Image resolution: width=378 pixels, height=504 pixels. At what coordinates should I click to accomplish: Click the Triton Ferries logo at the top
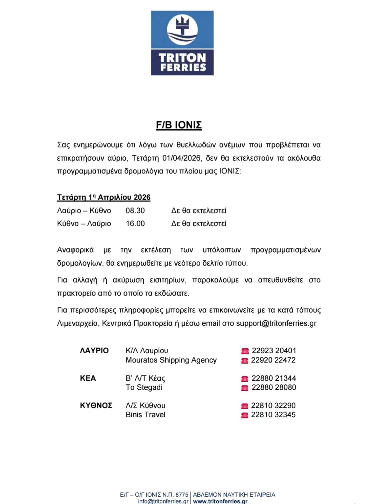182,43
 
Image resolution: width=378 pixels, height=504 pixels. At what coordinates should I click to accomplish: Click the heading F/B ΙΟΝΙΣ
179,125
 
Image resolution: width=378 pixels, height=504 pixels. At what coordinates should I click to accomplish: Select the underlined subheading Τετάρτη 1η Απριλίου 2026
104,197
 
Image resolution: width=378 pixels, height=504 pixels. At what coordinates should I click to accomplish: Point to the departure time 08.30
135,211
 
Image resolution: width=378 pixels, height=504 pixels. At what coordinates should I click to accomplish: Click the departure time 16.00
135,224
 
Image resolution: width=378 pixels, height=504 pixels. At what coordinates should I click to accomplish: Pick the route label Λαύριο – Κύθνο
84,211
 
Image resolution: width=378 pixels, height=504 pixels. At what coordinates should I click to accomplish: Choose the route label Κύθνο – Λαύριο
84,224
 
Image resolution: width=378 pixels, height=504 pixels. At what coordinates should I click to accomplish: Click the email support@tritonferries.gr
276,323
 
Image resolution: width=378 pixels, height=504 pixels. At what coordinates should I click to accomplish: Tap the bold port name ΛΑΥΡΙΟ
94,351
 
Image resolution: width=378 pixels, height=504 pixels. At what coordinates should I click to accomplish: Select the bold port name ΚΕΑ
88,378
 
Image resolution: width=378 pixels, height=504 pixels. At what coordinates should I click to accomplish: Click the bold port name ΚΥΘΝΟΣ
96,406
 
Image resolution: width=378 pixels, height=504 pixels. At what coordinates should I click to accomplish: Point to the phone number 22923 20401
274,351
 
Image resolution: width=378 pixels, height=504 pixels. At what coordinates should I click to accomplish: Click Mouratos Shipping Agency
171,360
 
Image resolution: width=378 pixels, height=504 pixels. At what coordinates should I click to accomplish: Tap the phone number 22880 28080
274,387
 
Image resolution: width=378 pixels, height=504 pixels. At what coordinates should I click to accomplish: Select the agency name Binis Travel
145,415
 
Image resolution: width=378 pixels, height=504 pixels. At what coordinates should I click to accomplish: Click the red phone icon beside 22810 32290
244,406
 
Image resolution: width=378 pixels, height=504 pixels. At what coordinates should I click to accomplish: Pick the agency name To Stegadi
144,387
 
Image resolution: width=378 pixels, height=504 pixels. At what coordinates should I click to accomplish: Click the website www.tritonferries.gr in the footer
220,501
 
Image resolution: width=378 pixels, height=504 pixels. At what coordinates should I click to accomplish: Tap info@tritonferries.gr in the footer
163,501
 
